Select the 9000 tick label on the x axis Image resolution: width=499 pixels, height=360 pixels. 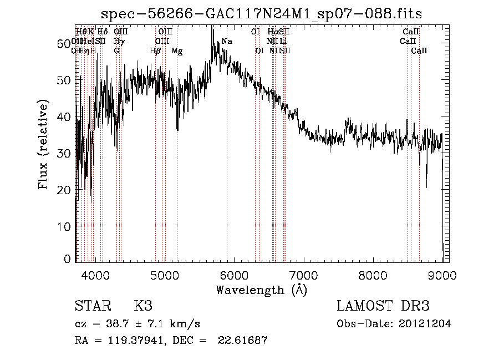click(442, 275)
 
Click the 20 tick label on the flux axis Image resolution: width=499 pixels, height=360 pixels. click(64, 190)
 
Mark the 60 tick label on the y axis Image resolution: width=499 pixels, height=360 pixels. click(64, 43)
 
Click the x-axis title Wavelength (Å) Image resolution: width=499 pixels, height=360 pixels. click(261, 290)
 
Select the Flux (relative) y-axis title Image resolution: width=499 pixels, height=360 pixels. click(43, 144)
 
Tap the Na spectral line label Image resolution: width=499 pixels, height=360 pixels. click(227, 42)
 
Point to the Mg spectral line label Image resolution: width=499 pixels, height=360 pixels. click(177, 51)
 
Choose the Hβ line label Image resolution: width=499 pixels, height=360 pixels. click(155, 51)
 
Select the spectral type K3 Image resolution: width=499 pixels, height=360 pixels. click(143, 306)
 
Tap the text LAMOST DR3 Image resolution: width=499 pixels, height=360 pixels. click(383, 306)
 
